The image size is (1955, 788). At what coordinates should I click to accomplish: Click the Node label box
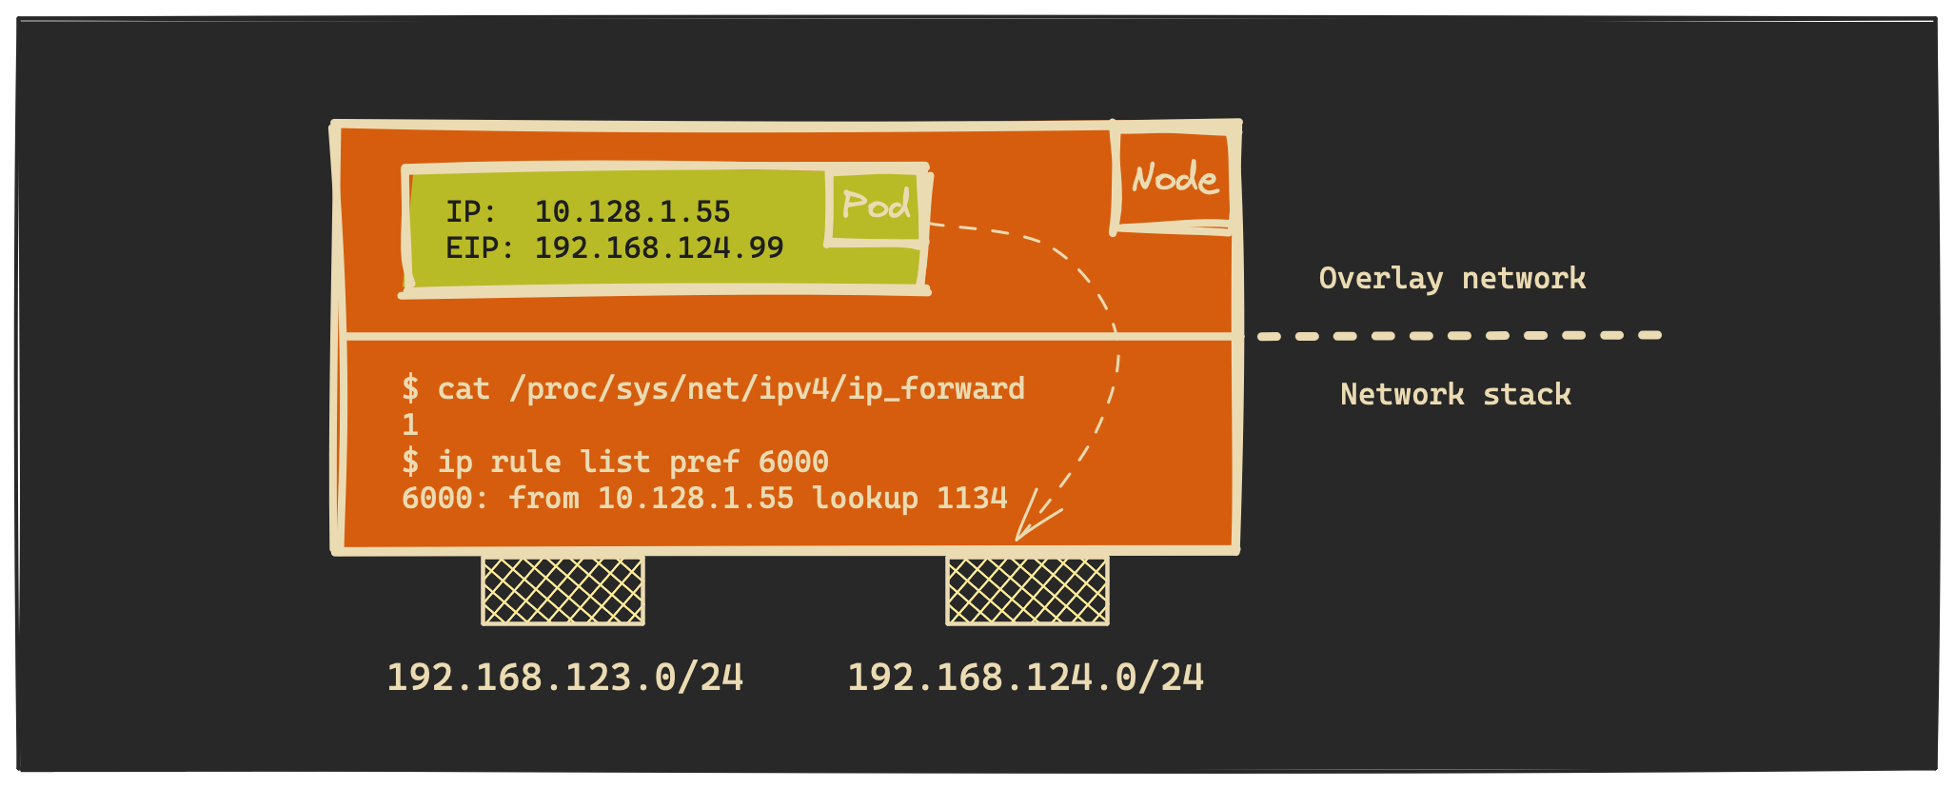click(1174, 179)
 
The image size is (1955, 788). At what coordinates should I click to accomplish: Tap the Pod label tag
click(876, 206)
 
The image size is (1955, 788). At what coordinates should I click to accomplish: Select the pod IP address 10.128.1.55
click(632, 211)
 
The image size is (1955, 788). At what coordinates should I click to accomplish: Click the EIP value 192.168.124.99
click(659, 247)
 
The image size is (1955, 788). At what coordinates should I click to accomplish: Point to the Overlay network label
click(1451, 278)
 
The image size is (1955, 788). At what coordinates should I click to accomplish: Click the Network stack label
click(1455, 394)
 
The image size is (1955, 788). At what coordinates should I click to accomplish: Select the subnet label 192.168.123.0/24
click(564, 678)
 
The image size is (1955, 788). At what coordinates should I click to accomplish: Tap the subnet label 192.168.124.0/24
click(1025, 678)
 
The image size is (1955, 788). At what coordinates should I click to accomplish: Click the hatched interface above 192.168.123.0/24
click(563, 591)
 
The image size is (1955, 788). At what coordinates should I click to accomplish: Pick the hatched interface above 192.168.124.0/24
click(1027, 591)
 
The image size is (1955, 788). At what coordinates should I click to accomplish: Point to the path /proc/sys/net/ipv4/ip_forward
click(767, 388)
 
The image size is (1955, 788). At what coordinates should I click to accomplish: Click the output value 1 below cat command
click(410, 424)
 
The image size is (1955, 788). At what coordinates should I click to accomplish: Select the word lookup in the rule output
click(864, 498)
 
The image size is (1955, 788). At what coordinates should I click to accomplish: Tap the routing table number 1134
click(972, 498)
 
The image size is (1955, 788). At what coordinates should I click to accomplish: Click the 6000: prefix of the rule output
click(444, 498)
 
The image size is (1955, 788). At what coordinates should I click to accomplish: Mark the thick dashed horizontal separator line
click(1458, 336)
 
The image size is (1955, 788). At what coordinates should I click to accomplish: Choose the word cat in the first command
click(464, 388)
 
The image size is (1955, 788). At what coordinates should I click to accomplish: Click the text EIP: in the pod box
click(480, 247)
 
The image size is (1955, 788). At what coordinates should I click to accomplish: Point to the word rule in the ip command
click(525, 462)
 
